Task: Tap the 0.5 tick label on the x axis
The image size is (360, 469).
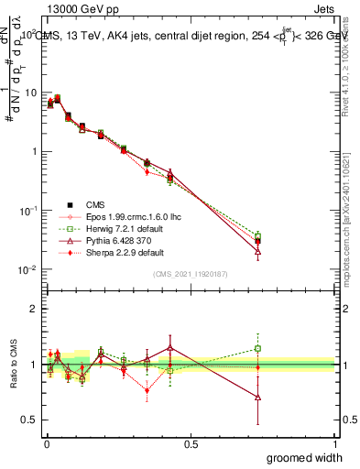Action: [x=191, y=442]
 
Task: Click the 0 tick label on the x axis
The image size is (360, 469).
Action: [x=46, y=442]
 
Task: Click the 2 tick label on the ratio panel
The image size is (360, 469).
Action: [x=37, y=309]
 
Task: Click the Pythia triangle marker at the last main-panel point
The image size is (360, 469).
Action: [x=258, y=250]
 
